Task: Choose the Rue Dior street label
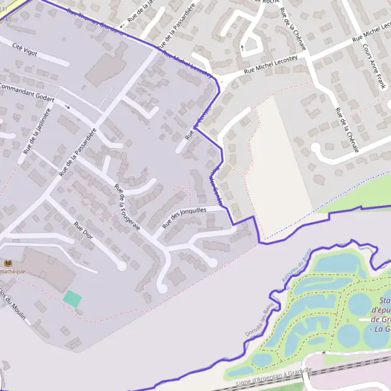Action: tap(84, 231)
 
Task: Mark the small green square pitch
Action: tap(72, 299)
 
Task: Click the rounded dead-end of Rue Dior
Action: tap(121, 266)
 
